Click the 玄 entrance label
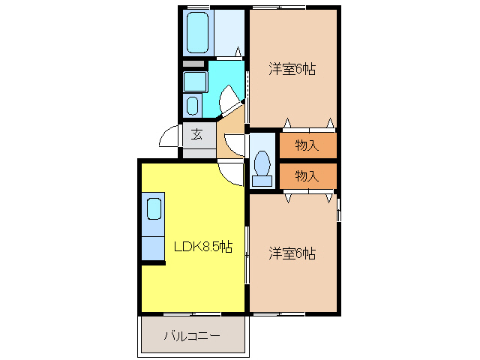196,135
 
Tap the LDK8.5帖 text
203,247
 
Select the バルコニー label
192,335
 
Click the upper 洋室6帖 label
292,70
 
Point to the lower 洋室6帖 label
292,253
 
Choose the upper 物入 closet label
307,145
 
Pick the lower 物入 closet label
307,176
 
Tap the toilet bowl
262,162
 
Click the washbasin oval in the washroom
193,105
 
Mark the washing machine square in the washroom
195,81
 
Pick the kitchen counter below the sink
153,244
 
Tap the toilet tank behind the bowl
262,180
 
